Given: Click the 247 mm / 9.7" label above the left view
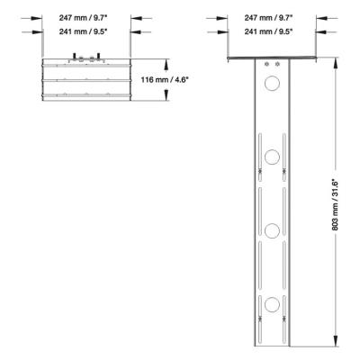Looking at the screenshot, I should [86, 16].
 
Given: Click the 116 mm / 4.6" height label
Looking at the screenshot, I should [195, 81].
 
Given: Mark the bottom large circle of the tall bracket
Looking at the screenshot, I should [271, 301].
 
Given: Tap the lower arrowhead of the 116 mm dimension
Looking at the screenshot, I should [166, 97].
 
